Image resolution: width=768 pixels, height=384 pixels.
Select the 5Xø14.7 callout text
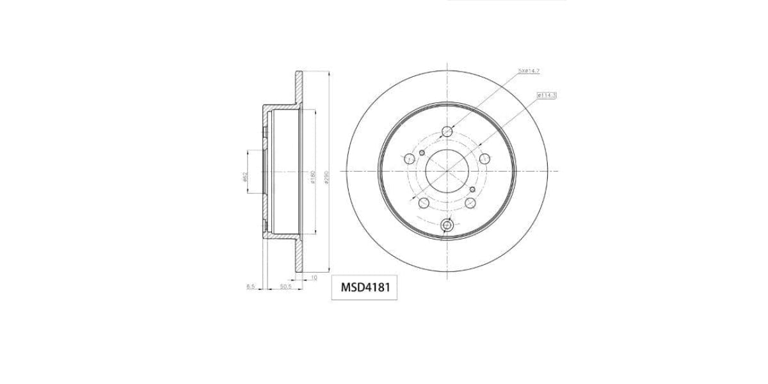point(529,71)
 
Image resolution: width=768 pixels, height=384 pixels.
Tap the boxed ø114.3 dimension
point(547,95)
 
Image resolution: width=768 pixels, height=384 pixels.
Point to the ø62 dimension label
point(246,176)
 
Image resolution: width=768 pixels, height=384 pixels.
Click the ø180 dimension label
point(312,177)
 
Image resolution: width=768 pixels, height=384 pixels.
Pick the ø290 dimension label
point(326,177)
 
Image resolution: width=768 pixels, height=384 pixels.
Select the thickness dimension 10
point(314,277)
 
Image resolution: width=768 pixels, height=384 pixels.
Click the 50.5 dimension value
point(285,287)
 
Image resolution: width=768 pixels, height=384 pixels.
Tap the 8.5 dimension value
point(251,287)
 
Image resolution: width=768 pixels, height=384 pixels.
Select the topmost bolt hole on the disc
point(447,132)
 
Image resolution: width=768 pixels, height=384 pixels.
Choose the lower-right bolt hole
point(470,202)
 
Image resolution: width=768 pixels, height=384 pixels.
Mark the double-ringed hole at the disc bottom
point(447,225)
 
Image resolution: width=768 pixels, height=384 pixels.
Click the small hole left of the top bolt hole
point(422,152)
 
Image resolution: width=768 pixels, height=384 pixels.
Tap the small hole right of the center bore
point(472,189)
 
